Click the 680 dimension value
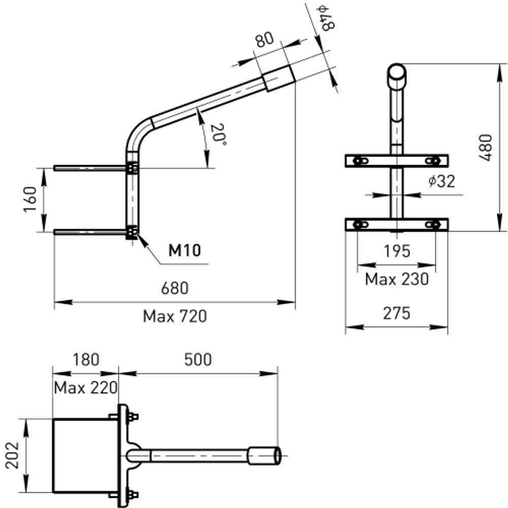(175, 289)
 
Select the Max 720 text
(175, 316)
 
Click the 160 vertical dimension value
(30, 200)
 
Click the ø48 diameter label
(325, 18)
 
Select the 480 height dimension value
(486, 147)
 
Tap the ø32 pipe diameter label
(440, 181)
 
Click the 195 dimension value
(397, 250)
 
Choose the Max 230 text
(397, 279)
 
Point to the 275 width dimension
(396, 313)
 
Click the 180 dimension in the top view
(85, 360)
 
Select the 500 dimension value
(198, 360)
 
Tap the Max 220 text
(85, 388)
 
